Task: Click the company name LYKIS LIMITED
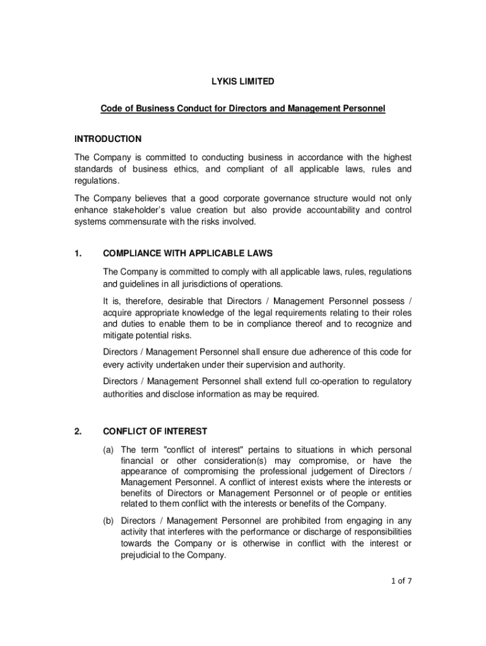coord(242,81)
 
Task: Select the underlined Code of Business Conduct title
coord(242,109)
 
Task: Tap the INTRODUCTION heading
coord(108,139)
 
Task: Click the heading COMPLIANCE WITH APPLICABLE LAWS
coord(187,254)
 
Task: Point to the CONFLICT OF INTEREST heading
coord(155,432)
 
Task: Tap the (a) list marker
coord(109,450)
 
